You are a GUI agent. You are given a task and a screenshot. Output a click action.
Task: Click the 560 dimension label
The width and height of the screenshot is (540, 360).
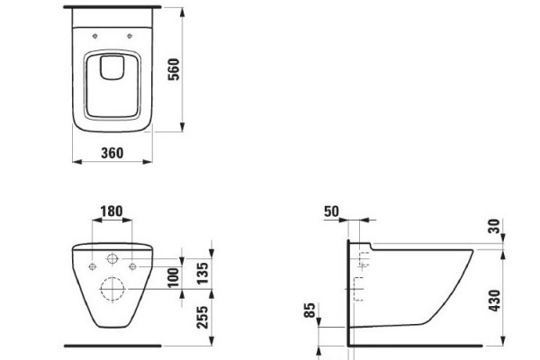(x=174, y=69)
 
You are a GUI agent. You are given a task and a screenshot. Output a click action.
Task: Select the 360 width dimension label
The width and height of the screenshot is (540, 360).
(x=112, y=153)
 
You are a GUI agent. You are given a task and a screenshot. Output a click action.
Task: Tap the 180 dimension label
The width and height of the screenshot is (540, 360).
(x=112, y=211)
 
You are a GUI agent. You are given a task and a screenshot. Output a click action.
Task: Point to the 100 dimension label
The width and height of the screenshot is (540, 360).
(x=174, y=277)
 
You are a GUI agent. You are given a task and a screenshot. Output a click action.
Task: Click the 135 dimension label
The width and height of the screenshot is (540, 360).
(x=202, y=274)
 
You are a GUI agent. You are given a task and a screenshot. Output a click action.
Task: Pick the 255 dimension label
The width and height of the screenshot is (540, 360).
(x=202, y=318)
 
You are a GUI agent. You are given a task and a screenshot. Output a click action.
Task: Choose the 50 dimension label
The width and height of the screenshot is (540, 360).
(x=331, y=211)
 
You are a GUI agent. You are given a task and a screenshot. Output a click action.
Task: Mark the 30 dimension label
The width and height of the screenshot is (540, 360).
(x=494, y=226)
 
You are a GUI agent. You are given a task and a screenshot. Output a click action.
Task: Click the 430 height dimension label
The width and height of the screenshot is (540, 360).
(x=494, y=301)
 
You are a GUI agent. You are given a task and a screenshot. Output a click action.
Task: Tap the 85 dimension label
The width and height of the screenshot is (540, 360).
(x=310, y=310)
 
